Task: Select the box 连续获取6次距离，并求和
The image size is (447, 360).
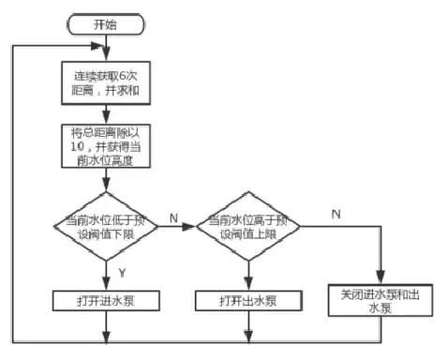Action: click(106, 82)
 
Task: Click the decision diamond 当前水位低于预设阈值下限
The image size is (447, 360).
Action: click(106, 227)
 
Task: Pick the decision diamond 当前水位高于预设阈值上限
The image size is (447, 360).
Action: click(248, 227)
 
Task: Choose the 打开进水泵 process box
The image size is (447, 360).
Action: click(106, 301)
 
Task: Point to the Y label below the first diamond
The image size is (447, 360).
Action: click(123, 273)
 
